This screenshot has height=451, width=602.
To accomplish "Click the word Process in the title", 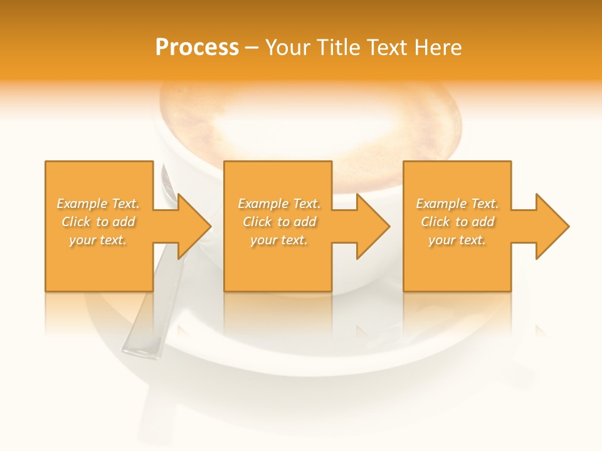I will pyautogui.click(x=197, y=48).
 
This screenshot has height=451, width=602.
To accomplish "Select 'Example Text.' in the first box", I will pyautogui.click(x=98, y=204).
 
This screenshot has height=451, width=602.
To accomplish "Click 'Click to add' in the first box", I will pyautogui.click(x=98, y=222).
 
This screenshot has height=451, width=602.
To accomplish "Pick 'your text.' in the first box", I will pyautogui.click(x=98, y=240).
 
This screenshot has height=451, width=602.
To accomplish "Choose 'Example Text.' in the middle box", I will pyautogui.click(x=278, y=204).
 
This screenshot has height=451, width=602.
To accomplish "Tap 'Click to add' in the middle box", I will pyautogui.click(x=278, y=222).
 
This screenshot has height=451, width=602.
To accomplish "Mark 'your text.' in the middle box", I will pyautogui.click(x=278, y=240).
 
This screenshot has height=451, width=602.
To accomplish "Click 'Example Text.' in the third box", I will pyautogui.click(x=457, y=204).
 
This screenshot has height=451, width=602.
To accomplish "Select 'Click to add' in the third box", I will pyautogui.click(x=457, y=222).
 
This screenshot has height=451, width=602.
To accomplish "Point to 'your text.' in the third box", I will pyautogui.click(x=457, y=240).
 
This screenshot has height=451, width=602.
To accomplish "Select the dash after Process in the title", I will pyautogui.click(x=252, y=48).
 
